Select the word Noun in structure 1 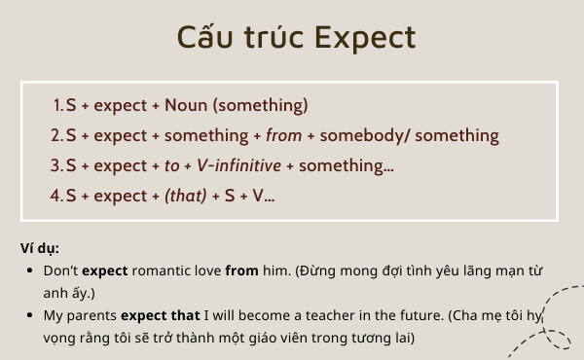(x=185, y=105)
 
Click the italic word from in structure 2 (x=283, y=135)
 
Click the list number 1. (x=56, y=105)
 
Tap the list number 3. (x=56, y=165)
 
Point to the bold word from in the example (x=241, y=270)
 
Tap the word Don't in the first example (x=60, y=270)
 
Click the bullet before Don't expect (x=32, y=270)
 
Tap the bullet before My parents (x=32, y=315)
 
